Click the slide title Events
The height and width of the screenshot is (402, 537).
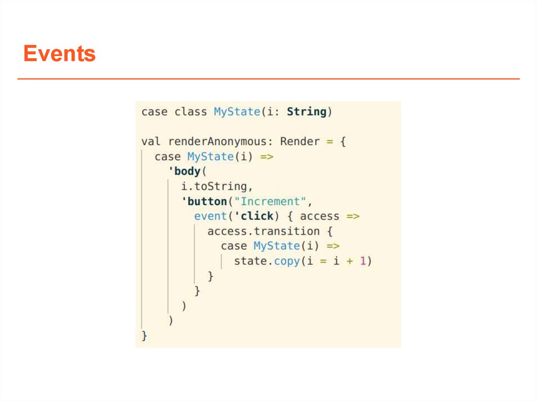(x=59, y=54)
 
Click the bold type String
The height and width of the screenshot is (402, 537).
(x=307, y=112)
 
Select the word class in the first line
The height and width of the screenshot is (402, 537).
(x=190, y=112)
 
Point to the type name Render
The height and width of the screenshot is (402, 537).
(x=300, y=142)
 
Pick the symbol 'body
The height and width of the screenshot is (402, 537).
(x=184, y=171)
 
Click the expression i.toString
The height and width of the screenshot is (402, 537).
(x=214, y=186)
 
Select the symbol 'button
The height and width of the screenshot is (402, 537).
(x=204, y=201)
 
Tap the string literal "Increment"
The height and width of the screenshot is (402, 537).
(x=273, y=201)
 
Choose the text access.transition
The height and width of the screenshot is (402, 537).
(x=263, y=231)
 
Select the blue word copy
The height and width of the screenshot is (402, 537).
(x=287, y=261)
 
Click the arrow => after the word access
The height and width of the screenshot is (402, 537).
(x=352, y=216)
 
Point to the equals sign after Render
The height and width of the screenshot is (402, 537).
(x=330, y=142)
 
